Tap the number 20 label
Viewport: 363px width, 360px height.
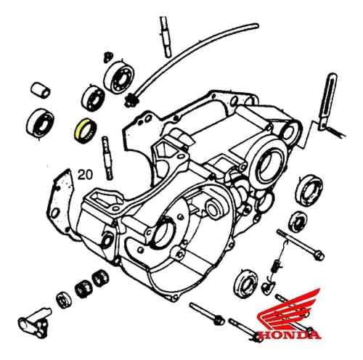[x=85, y=175]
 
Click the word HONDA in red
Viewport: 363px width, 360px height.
[x=290, y=335]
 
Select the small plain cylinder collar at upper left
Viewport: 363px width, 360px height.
[x=41, y=89]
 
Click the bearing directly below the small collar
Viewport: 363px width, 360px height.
[x=40, y=122]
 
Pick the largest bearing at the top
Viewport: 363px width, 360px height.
[x=118, y=75]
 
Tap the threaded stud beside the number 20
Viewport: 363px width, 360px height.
[x=107, y=158]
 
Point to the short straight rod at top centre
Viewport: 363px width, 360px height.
[x=166, y=37]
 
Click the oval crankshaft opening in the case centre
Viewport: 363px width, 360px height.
[x=163, y=233]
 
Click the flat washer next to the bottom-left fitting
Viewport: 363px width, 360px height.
[x=65, y=300]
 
